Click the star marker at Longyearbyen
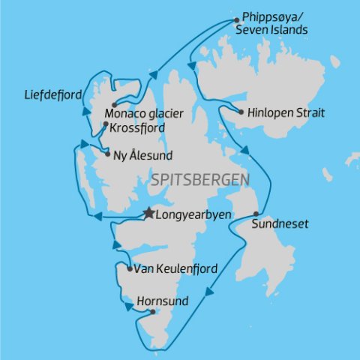pyautogui.click(x=148, y=213)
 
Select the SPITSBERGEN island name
pyautogui.click(x=200, y=181)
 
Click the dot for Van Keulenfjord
pyautogui.click(x=130, y=268)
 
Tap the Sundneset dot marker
pyautogui.click(x=256, y=214)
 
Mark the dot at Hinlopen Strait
pyautogui.click(x=241, y=113)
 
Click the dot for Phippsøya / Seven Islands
pyautogui.click(x=236, y=19)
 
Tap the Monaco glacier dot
pyautogui.click(x=113, y=104)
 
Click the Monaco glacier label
pyautogui.click(x=145, y=113)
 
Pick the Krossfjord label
pyautogui.click(x=136, y=127)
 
